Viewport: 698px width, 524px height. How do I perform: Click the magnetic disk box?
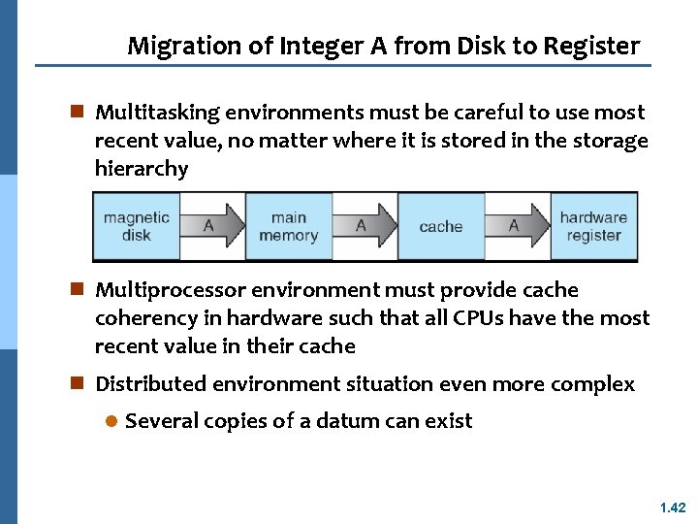click(x=137, y=226)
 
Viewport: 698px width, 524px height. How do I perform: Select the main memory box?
click(x=288, y=226)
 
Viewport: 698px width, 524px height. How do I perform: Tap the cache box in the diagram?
click(x=440, y=226)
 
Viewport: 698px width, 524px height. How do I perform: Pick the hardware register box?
click(x=593, y=226)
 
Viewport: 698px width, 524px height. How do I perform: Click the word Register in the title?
click(x=592, y=46)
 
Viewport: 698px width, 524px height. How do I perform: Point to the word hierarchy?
click(x=142, y=169)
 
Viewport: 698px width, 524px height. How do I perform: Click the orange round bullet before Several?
click(x=111, y=422)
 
